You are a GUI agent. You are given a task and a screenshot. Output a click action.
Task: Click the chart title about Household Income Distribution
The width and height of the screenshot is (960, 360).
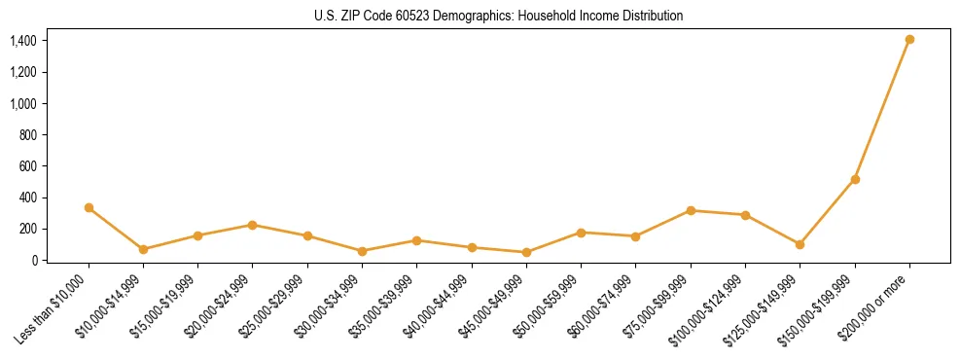pos(499,17)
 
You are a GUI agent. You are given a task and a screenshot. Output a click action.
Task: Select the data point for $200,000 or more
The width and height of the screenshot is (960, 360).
pos(909,40)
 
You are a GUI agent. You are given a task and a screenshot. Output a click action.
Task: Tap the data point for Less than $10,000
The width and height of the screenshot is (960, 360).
pos(89,207)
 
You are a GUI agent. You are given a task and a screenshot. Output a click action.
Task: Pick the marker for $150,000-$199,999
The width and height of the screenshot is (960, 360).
pos(855,179)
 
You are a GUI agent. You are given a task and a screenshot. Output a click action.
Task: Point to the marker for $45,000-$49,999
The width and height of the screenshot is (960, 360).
pos(526,252)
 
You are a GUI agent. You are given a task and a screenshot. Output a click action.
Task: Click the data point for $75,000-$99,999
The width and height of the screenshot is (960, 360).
pos(691,210)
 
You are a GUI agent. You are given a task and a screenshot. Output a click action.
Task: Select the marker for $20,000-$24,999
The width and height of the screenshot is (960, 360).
pos(253,225)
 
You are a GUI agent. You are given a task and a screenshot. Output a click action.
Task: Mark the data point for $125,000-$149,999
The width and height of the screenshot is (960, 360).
pos(800,244)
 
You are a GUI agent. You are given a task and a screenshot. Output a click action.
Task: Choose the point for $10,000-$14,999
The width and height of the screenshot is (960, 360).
pos(143,249)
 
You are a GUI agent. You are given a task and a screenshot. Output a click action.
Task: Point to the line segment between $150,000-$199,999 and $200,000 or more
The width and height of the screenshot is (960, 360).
pos(882,109)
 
